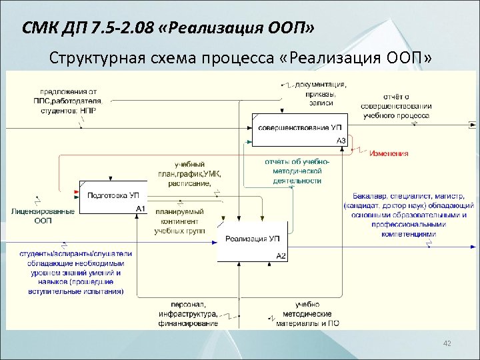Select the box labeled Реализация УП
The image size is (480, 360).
[x=252, y=239]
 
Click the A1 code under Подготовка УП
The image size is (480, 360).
[x=140, y=209]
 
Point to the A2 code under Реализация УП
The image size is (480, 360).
[x=281, y=256]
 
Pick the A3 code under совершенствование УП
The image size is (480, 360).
[x=340, y=141]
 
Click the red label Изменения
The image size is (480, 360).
[x=389, y=153]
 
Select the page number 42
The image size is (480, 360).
[x=447, y=343]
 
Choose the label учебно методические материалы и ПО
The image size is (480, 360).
[x=309, y=314]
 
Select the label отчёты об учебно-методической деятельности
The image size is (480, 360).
[x=297, y=171]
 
